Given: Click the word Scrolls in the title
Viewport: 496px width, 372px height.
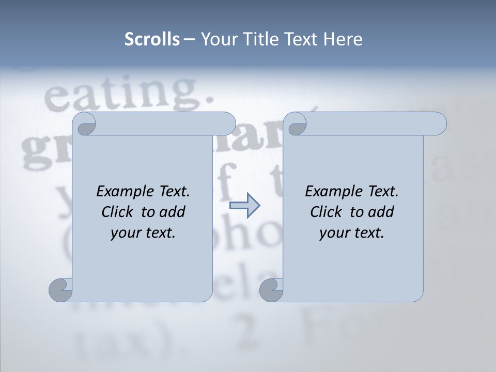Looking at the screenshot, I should [x=152, y=39].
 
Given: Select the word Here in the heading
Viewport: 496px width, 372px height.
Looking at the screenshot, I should [x=343, y=39].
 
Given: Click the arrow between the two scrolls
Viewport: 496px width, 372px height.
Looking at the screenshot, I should [x=244, y=206].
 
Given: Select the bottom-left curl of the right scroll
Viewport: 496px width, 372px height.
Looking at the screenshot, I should [x=272, y=290].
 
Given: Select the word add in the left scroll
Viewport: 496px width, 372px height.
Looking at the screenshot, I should [x=173, y=212].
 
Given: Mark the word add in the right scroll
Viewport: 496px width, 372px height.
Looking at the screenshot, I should [x=382, y=212].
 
